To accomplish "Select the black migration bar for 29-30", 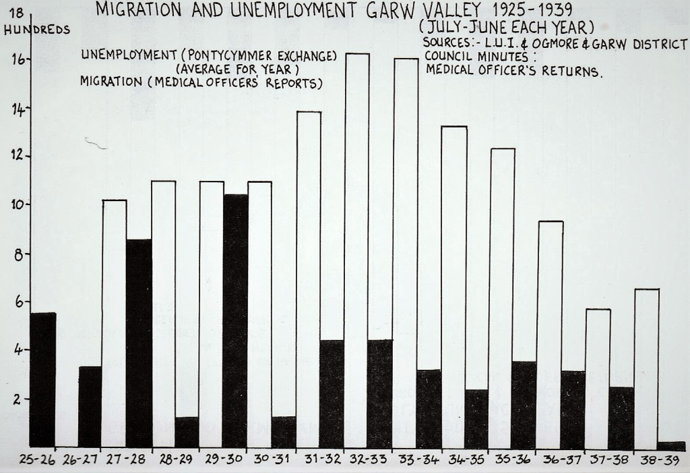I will pyautogui.click(x=235, y=321).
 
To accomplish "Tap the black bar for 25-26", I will pyautogui.click(x=43, y=379).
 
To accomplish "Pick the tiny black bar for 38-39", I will pyautogui.click(x=672, y=445).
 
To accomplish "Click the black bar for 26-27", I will pyautogui.click(x=90, y=406).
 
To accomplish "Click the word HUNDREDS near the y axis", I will pyautogui.click(x=36, y=30).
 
